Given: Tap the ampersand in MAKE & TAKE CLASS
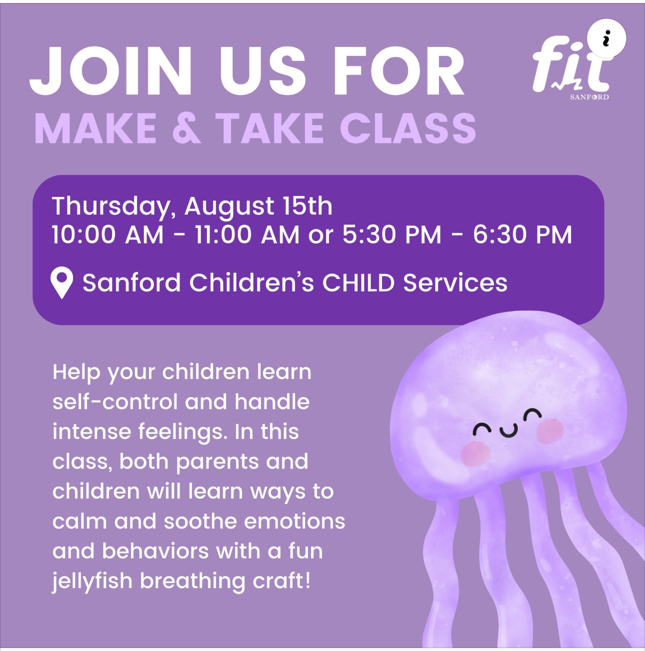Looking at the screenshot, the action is (x=187, y=128).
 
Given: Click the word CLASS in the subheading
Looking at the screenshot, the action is (x=408, y=128).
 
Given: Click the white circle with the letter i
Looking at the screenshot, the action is (x=606, y=38).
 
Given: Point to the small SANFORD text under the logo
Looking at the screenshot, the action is (x=589, y=97).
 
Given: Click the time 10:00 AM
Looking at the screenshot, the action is (x=108, y=235).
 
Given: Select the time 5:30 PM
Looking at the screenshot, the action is (x=392, y=235).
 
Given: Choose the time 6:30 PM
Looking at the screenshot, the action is (x=522, y=235).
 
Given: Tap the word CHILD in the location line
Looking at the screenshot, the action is (x=358, y=282).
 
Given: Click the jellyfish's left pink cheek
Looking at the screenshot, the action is (x=475, y=453).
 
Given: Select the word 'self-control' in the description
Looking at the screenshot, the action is (x=115, y=401).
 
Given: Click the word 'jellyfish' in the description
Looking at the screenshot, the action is (x=92, y=581).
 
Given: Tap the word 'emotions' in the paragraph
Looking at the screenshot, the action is (x=294, y=521).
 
